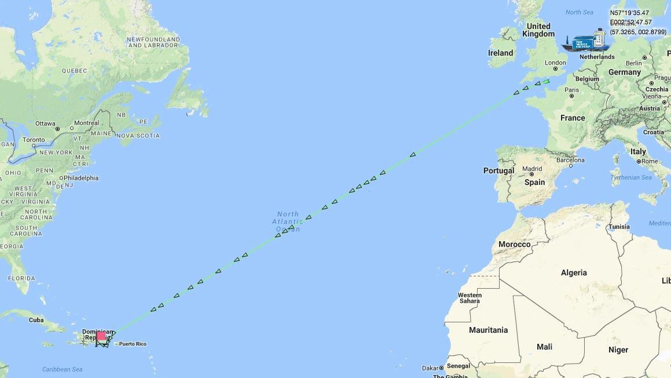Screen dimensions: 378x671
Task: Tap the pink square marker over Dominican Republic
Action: pyautogui.click(x=101, y=336)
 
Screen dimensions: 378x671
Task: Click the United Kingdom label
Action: pyautogui.click(x=538, y=30)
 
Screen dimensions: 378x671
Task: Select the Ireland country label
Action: pyautogui.click(x=500, y=53)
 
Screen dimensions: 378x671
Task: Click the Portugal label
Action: pyautogui.click(x=498, y=170)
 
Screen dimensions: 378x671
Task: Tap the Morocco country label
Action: pyautogui.click(x=514, y=244)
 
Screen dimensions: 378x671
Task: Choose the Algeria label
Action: pyautogui.click(x=573, y=272)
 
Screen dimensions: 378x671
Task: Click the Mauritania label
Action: pyautogui.click(x=488, y=330)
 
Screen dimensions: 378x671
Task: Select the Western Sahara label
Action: pyautogui.click(x=469, y=298)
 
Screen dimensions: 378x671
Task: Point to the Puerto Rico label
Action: pyautogui.click(x=133, y=344)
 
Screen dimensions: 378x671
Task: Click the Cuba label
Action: pyautogui.click(x=36, y=319)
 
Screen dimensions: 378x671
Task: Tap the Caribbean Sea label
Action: pyautogui.click(x=62, y=369)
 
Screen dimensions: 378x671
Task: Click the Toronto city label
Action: pyautogui.click(x=34, y=140)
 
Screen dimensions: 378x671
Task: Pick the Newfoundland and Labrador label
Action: pyautogui.click(x=153, y=42)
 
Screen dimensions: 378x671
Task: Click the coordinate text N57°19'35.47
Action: pyautogui.click(x=629, y=13)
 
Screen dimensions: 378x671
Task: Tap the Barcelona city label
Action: pyautogui.click(x=570, y=160)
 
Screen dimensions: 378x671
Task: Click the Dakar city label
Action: pyautogui.click(x=430, y=368)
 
